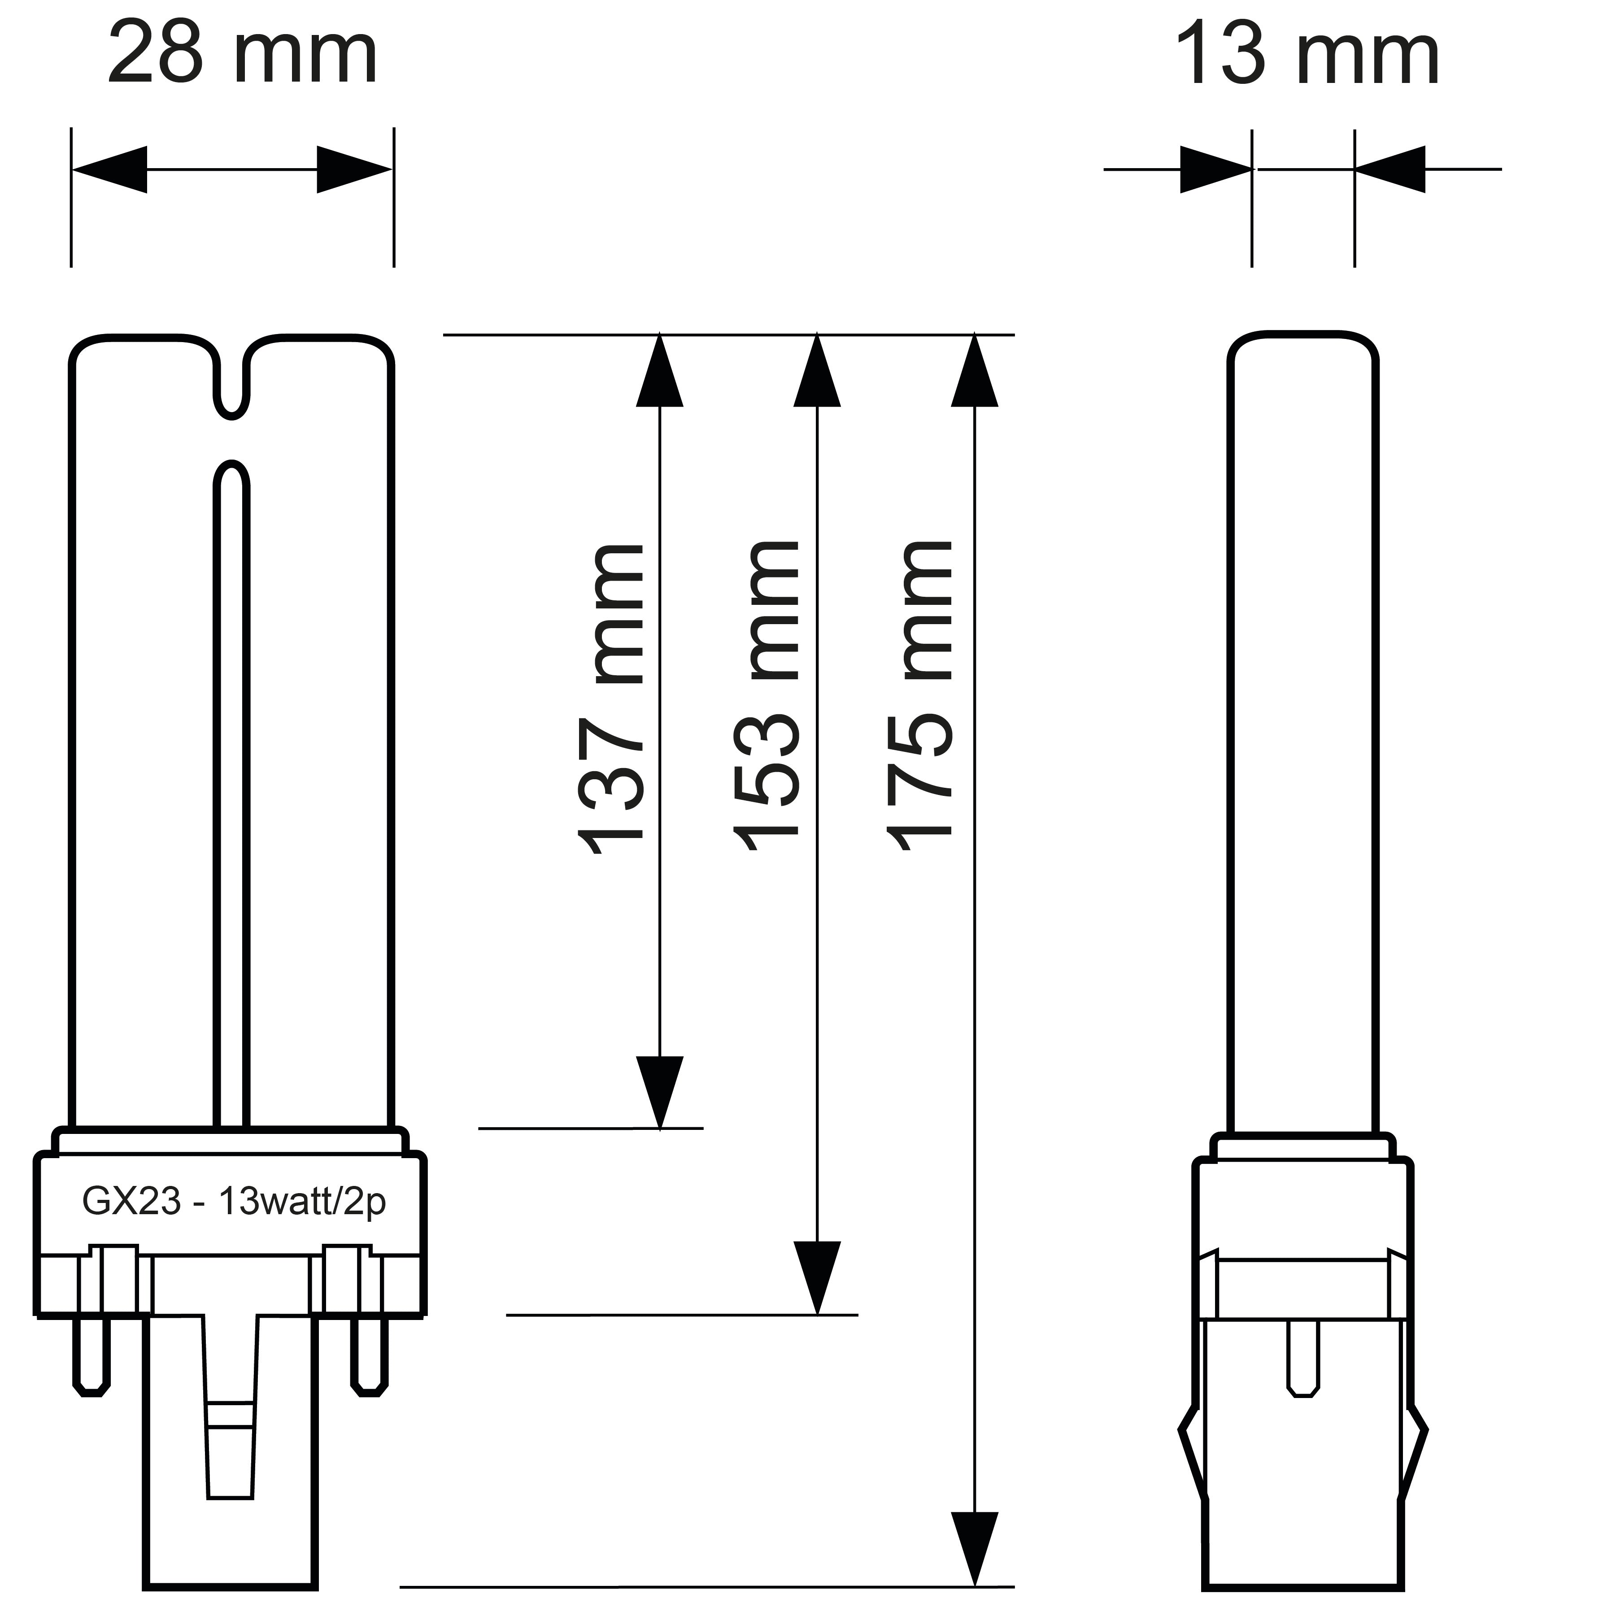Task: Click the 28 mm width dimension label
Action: (x=242, y=56)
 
